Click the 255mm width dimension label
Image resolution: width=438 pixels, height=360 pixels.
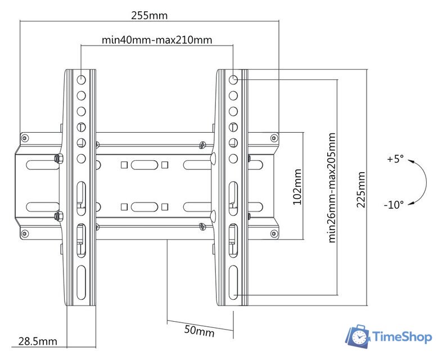(149, 15)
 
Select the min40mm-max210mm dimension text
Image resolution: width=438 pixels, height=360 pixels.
(157, 40)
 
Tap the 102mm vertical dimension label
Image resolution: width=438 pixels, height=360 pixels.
(298, 186)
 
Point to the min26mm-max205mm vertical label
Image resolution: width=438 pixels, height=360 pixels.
(332, 187)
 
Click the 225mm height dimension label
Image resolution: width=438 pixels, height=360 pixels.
(362, 190)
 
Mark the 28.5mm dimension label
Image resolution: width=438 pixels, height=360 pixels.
(38, 341)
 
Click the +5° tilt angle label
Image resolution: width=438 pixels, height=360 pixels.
(395, 159)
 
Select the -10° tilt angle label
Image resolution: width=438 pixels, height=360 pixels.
(394, 205)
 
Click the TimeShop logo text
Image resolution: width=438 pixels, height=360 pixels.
(401, 337)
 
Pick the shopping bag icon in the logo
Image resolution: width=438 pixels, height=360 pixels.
(358, 336)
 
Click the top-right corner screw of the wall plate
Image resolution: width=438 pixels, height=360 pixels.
(273, 137)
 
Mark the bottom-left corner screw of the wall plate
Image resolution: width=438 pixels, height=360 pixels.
(25, 233)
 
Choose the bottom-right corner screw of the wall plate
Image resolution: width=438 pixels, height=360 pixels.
(273, 233)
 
